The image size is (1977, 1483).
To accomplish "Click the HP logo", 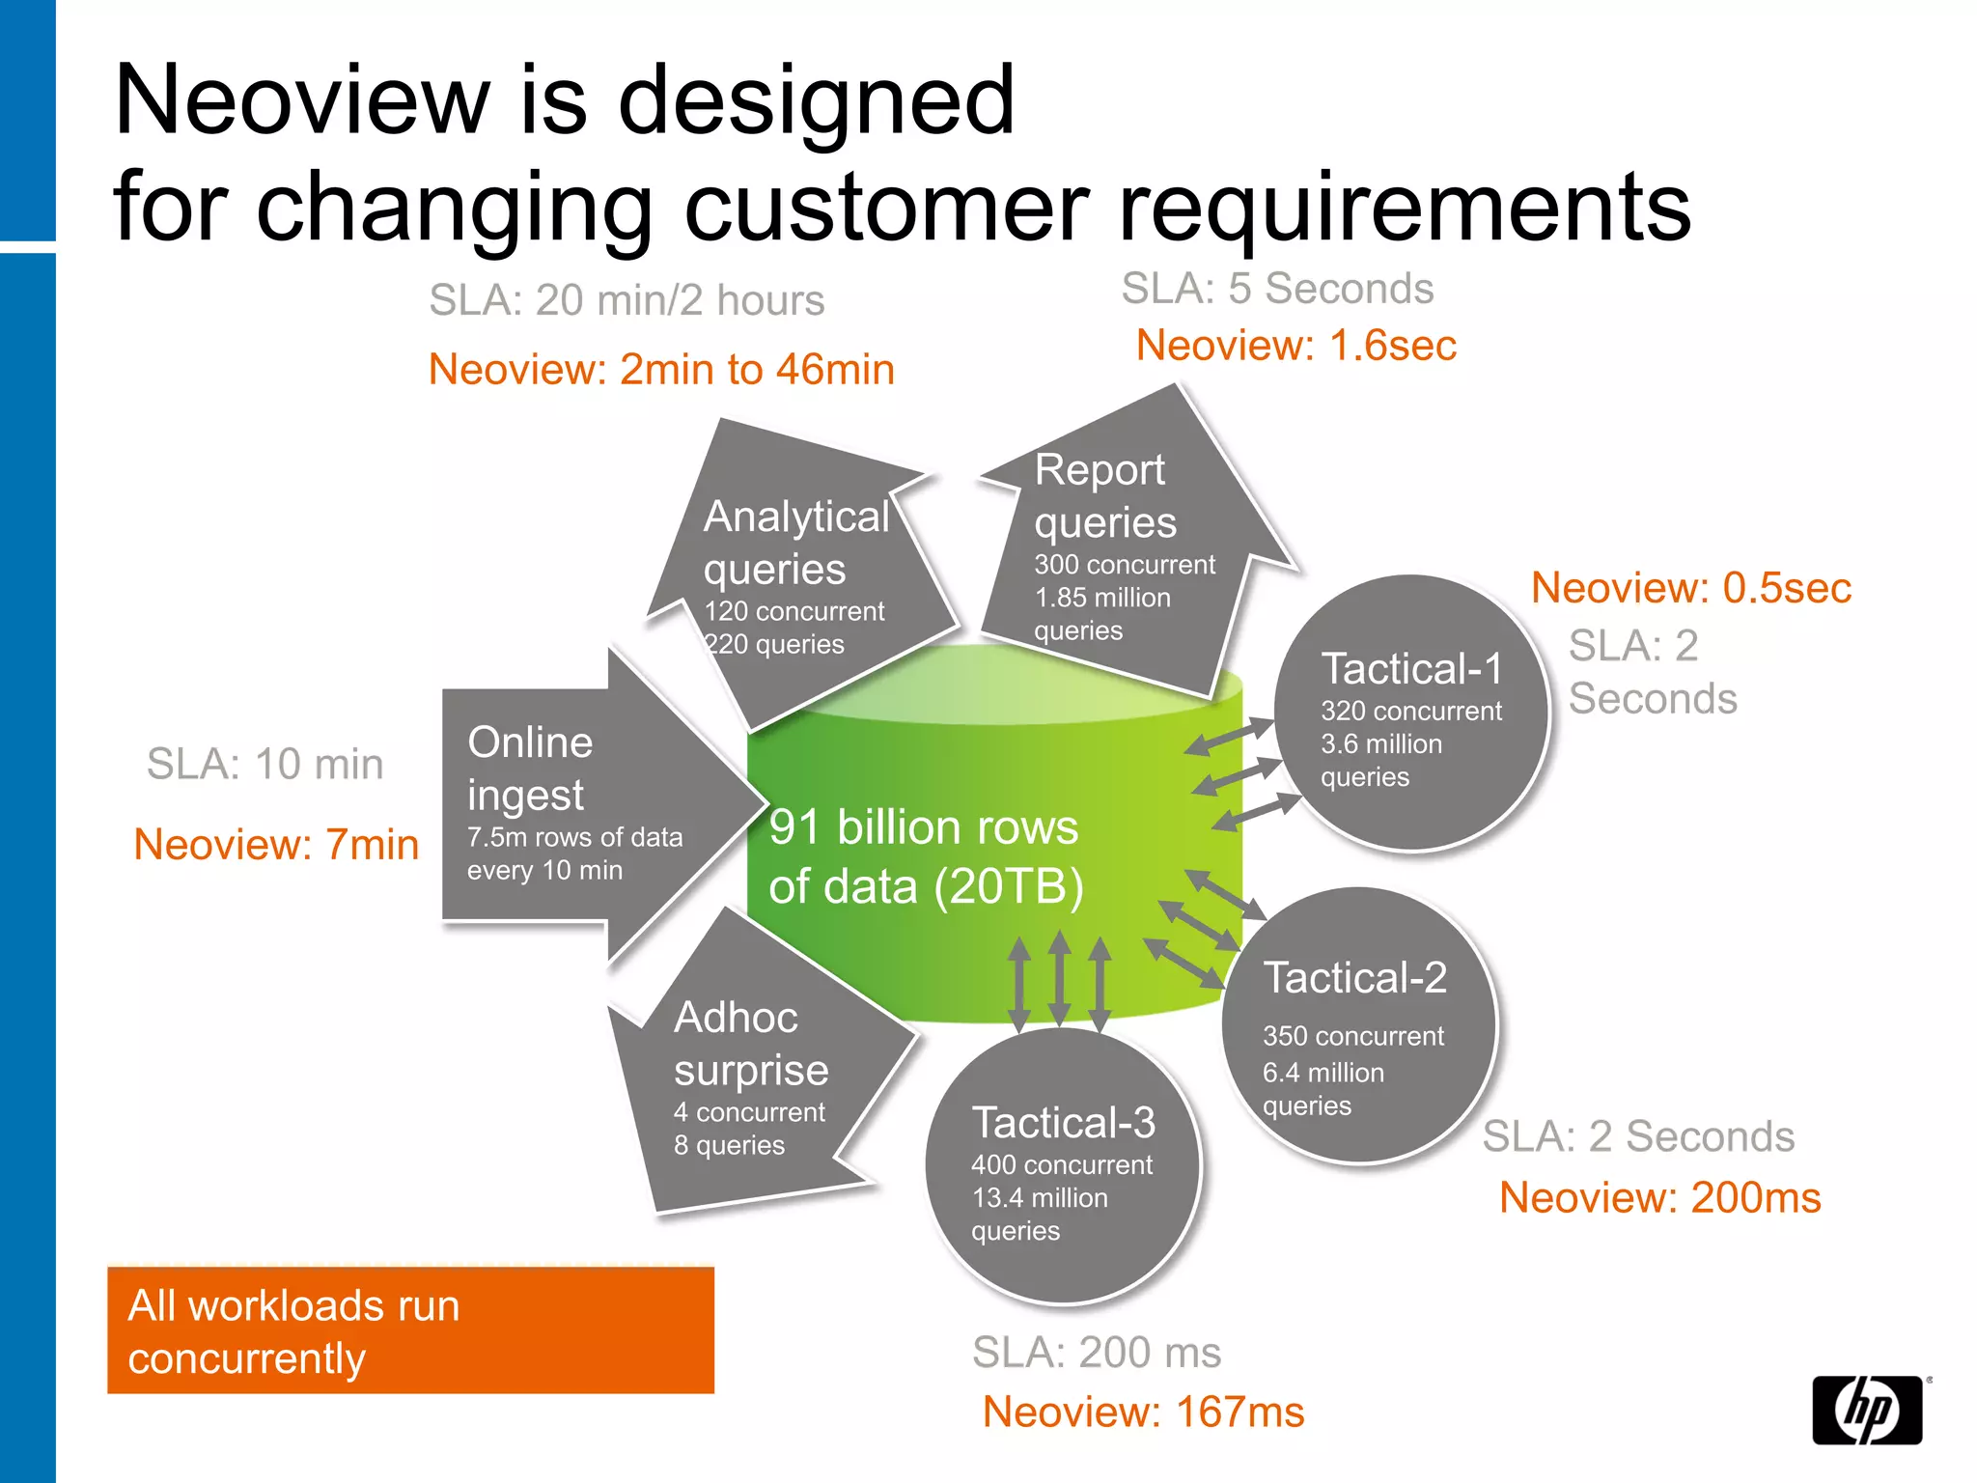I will click(x=1867, y=1410).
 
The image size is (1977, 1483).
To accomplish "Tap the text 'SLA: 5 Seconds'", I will click(x=1277, y=289).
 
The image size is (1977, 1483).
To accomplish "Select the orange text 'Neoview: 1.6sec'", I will click(x=1295, y=346).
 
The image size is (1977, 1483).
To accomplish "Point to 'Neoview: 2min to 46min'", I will click(x=661, y=370).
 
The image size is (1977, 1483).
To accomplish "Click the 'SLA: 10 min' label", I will click(x=265, y=764).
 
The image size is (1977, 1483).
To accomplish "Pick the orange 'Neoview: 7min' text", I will click(x=276, y=845).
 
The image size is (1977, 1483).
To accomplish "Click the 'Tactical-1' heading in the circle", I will click(x=1411, y=669).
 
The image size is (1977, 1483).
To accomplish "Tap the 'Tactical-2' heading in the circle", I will click(x=1354, y=978).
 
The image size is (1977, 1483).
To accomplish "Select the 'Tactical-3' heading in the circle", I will click(x=1063, y=1123).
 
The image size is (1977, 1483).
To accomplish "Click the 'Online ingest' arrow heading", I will click(x=529, y=769).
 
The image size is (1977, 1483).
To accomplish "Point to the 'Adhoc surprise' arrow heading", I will click(x=750, y=1044).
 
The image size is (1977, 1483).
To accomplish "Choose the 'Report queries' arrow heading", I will click(x=1104, y=496).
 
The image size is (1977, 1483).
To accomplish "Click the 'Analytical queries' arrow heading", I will click(x=795, y=543).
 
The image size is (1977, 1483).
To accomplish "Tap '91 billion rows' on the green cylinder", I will click(x=923, y=828).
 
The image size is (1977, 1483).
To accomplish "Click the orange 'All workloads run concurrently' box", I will click(x=410, y=1330).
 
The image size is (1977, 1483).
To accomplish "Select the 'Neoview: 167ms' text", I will click(x=1143, y=1413).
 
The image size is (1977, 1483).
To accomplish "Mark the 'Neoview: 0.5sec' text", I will click(x=1690, y=588).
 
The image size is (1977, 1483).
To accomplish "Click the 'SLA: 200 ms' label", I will click(x=1096, y=1353).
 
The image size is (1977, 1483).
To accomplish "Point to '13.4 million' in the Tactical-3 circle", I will click(x=1039, y=1198).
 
